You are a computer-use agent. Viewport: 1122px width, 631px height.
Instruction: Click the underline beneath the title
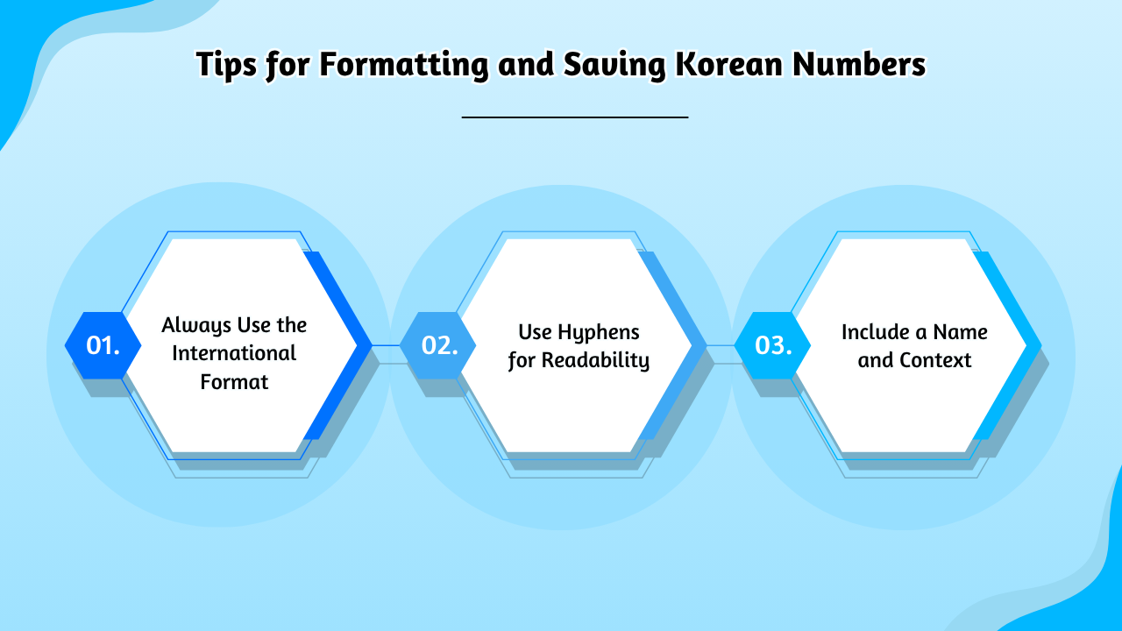click(x=574, y=117)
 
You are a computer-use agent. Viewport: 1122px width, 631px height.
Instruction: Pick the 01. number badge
click(x=103, y=345)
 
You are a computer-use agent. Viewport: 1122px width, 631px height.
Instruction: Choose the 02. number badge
click(x=438, y=345)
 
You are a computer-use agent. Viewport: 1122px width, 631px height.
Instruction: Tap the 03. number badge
click(x=772, y=345)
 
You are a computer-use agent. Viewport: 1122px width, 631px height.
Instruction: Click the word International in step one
click(x=234, y=353)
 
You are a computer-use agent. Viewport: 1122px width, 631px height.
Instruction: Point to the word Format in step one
click(x=234, y=382)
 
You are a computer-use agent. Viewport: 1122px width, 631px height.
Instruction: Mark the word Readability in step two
click(x=595, y=360)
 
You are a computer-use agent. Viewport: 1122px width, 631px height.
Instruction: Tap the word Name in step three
click(x=960, y=332)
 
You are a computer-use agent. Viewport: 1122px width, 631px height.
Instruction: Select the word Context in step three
click(x=935, y=360)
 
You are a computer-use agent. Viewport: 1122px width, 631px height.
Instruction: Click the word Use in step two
click(x=535, y=332)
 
